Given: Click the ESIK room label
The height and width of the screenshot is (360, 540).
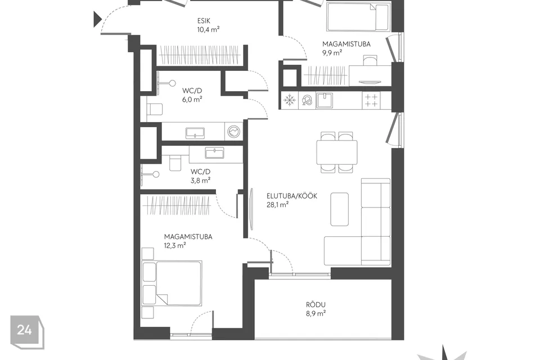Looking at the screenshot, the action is coord(204,21).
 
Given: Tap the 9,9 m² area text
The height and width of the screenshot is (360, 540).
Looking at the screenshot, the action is coord(332,53).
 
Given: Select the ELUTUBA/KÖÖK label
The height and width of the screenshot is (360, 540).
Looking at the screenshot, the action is coord(292,196).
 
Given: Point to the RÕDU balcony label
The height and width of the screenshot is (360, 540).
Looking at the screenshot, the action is coord(316,305).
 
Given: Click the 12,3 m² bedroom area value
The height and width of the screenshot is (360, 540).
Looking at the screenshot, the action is coord(175,245).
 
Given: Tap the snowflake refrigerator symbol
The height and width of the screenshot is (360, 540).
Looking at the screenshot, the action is coord(290,100).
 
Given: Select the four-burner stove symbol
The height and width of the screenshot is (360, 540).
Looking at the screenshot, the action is coord(371,101).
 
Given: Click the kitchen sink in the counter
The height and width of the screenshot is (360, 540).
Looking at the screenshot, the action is coord(324,100).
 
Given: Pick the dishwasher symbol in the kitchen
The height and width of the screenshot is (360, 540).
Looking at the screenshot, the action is coord(307,100).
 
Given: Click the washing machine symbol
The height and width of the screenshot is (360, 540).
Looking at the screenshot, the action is coord(234,131).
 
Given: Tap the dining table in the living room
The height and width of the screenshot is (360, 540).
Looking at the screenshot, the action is coord(337,152).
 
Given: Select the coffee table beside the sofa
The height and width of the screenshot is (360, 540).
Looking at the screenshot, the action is coord(340,209).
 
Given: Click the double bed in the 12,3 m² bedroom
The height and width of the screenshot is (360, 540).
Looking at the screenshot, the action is coord(172,283).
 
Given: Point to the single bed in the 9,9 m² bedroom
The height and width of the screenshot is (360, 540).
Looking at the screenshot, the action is coord(358,16).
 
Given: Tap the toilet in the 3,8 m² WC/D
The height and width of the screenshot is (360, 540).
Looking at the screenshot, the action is coord(175,162).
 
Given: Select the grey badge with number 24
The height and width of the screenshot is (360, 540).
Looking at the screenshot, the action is coord(27,331).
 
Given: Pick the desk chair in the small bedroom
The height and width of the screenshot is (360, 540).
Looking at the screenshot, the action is coord(370,61).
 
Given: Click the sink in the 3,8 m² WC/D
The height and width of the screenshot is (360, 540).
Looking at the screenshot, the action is coord(214,152).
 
